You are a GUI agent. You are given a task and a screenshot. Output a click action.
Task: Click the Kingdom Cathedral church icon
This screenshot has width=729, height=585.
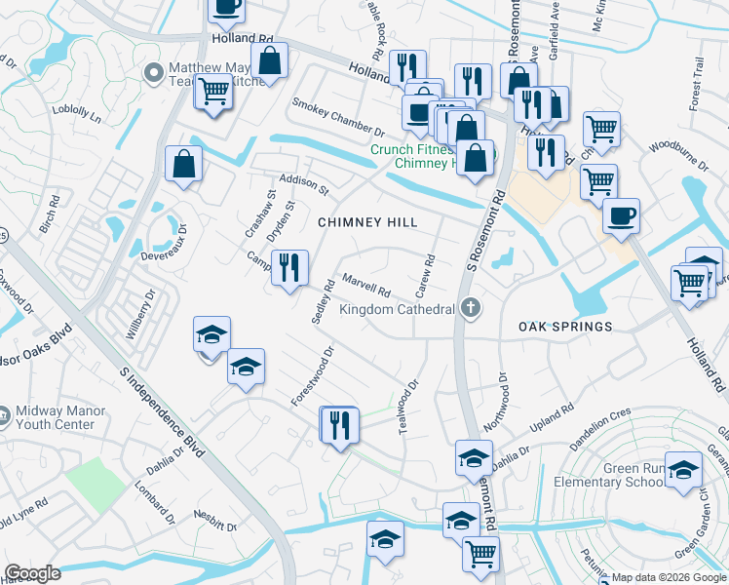[x=471, y=309]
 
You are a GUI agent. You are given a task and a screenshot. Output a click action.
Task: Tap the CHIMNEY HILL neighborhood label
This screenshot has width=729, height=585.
[x=368, y=223]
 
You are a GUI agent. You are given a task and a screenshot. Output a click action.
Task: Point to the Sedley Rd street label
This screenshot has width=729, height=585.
[x=324, y=305]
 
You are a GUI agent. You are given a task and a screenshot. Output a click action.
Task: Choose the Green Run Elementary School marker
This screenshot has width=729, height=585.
[x=683, y=470]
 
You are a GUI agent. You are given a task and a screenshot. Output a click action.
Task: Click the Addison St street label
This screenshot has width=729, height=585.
[x=304, y=184]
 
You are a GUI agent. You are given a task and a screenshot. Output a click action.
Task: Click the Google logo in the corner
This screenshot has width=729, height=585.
[x=33, y=573]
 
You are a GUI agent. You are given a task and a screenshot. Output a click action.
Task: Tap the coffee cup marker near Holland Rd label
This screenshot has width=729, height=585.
[x=226, y=8]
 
